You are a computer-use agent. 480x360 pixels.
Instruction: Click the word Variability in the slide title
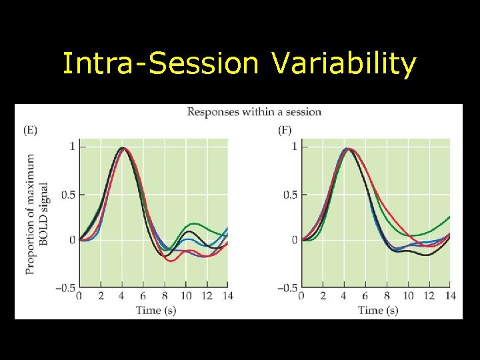(x=343, y=65)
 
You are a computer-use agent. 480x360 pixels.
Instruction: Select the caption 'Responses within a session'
(x=254, y=111)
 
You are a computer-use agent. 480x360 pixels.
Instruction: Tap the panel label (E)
(x=30, y=130)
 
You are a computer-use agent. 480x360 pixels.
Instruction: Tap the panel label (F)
(x=285, y=130)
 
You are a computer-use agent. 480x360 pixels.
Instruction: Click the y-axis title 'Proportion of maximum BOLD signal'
(x=37, y=213)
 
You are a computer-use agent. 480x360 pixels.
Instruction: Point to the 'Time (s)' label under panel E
(x=156, y=310)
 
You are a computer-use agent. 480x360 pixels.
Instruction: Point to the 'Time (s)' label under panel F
(x=378, y=310)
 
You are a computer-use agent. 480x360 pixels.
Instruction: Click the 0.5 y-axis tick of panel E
(x=67, y=195)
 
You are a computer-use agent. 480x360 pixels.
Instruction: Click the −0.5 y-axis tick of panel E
(x=65, y=288)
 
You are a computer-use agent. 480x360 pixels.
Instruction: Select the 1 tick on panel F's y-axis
(x=295, y=146)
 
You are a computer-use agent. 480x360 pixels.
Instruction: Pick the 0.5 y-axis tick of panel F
(x=289, y=195)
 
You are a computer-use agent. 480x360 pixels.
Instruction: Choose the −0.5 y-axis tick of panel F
(x=287, y=288)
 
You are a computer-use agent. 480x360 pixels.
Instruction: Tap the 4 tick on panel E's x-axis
(x=122, y=296)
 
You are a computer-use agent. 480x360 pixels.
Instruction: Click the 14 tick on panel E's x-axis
(x=227, y=296)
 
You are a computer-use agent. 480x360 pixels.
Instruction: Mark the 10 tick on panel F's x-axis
(x=408, y=296)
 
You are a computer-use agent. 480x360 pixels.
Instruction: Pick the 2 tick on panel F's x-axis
(x=323, y=296)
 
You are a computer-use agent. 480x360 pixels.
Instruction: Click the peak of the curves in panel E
(x=123, y=148)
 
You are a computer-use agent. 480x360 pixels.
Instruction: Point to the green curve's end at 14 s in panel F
(x=449, y=217)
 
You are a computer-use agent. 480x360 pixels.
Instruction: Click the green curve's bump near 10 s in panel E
(x=193, y=224)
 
